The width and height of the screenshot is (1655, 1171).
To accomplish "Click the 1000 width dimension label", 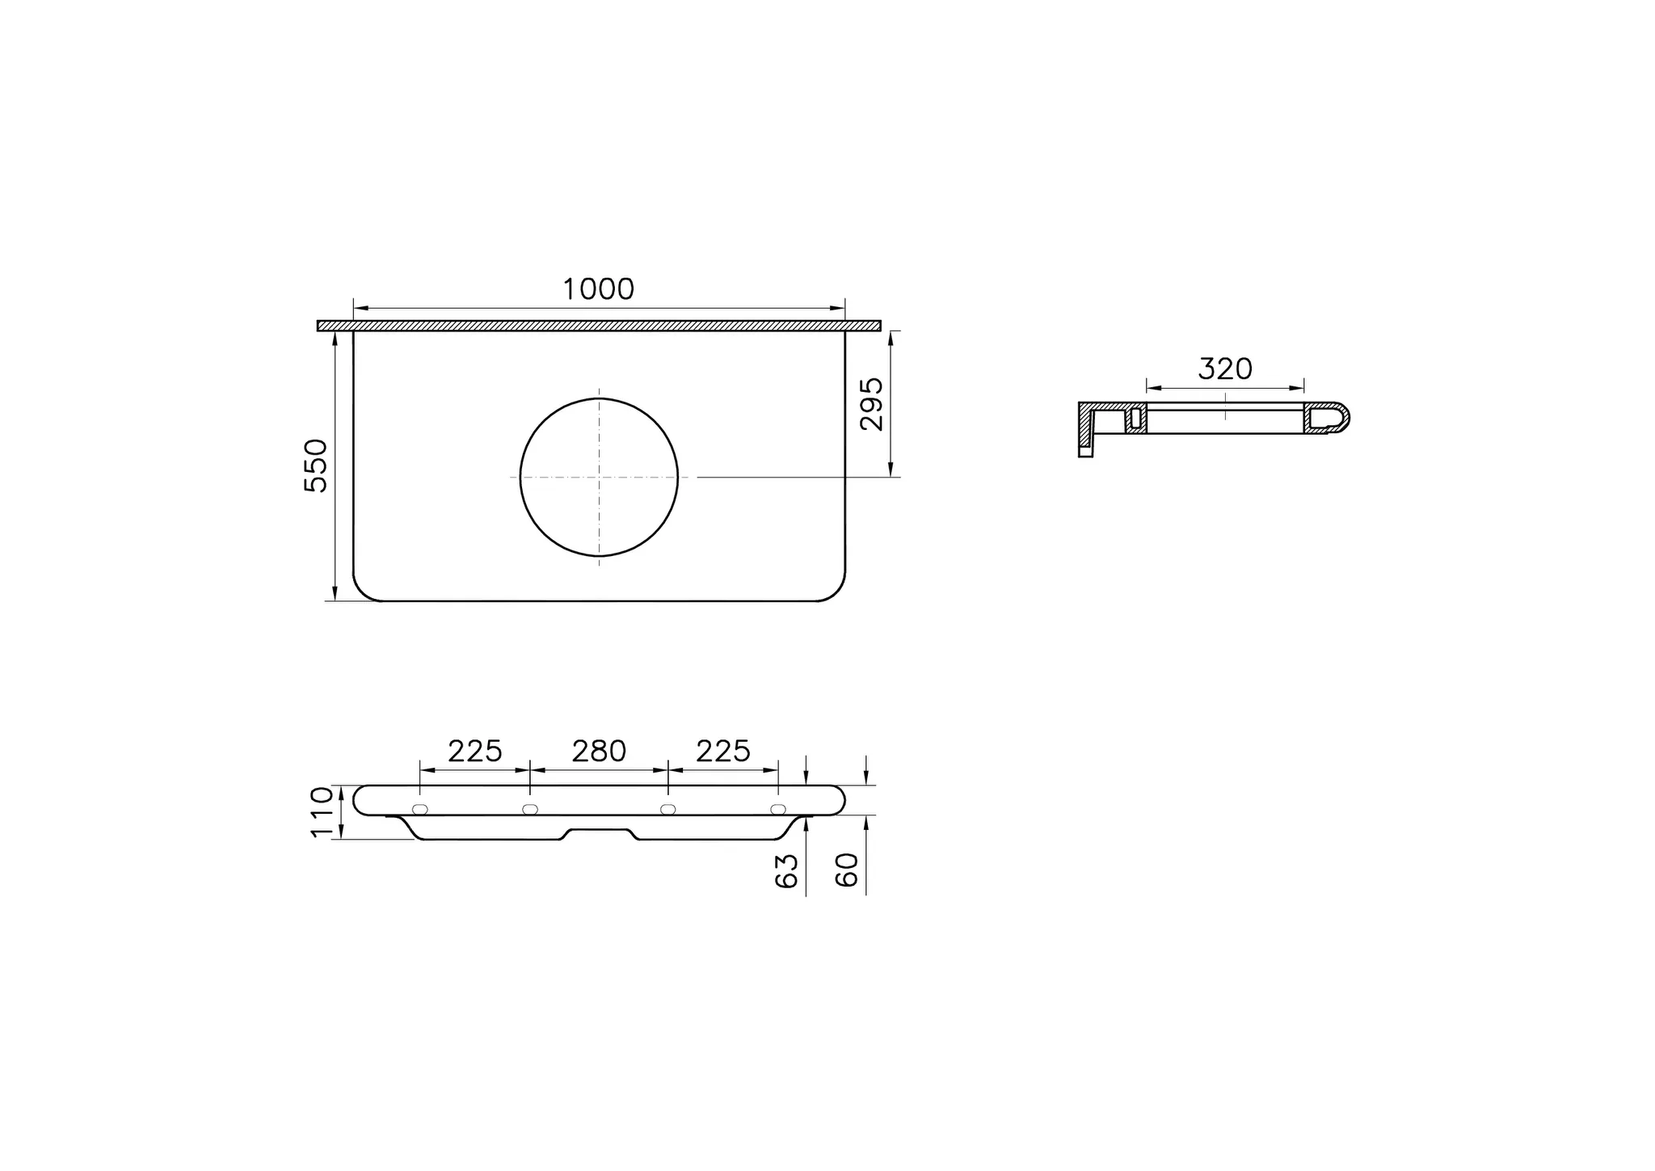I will tap(598, 289).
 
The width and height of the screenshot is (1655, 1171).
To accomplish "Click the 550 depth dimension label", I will tap(316, 465).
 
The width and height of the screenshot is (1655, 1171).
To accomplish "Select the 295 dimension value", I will tap(872, 404).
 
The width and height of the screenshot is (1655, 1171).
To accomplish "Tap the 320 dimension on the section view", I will tap(1224, 369).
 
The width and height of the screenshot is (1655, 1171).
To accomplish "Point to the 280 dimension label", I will tap(599, 752).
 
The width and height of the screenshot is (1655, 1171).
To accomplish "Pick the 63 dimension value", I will tap(787, 870).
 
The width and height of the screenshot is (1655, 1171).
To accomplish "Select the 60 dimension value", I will tap(846, 870).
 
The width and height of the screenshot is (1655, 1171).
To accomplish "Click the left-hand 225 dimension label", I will tap(475, 752).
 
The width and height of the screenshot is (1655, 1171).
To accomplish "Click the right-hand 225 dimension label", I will tap(723, 752).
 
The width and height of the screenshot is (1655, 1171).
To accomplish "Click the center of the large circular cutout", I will tap(599, 478).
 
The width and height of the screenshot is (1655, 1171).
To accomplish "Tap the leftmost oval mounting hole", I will tap(420, 810).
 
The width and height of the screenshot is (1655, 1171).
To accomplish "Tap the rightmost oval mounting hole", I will tap(778, 810).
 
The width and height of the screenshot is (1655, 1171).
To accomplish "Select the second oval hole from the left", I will tap(530, 810).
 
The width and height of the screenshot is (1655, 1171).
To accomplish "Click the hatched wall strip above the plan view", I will tap(599, 326).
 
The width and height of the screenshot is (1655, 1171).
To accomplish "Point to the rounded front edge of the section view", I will tap(1343, 418).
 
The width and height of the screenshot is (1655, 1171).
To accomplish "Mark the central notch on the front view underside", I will tap(599, 831).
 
